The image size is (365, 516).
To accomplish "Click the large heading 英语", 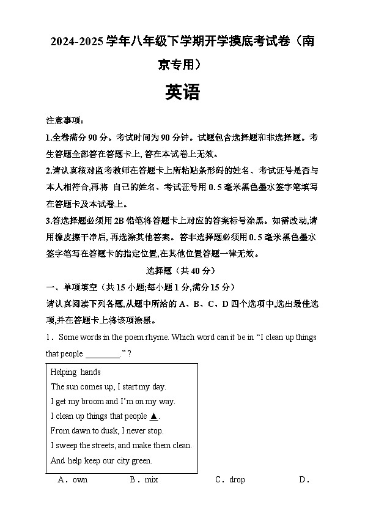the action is [x=182, y=92].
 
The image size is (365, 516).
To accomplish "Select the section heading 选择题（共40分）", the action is [x=182, y=271].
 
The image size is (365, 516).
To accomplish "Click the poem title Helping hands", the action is [x=76, y=372].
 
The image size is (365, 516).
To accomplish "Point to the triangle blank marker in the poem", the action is [x=153, y=416].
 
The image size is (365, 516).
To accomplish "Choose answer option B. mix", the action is [x=144, y=480].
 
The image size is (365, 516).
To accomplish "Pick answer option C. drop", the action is [x=230, y=480].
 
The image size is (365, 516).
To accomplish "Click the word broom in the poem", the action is [x=95, y=402].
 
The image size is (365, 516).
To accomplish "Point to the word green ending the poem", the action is [x=141, y=461].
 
